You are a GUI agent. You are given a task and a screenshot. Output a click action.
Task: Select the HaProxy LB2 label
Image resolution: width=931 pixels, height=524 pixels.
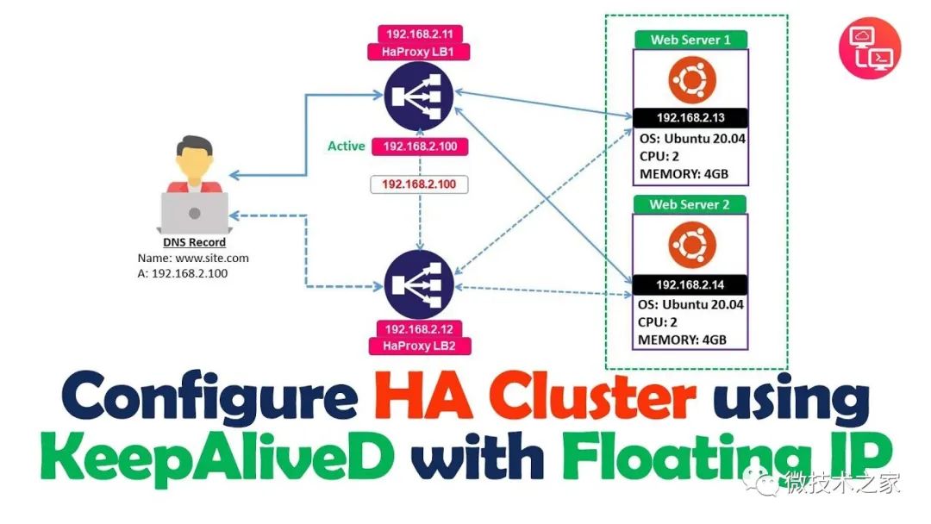tap(420, 346)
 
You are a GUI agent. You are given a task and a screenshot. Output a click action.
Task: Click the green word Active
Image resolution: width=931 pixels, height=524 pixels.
tap(347, 146)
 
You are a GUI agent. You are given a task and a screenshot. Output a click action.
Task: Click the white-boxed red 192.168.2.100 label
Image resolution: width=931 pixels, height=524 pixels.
tap(419, 184)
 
